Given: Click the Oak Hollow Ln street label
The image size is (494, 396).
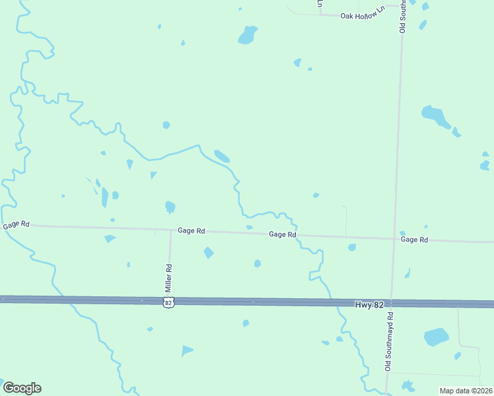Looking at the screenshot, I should click(x=361, y=15).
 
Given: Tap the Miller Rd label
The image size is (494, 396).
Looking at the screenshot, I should click(x=168, y=278).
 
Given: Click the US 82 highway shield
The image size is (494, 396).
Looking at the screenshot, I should click(x=168, y=302).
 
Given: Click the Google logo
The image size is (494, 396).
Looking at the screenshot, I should click(x=22, y=388).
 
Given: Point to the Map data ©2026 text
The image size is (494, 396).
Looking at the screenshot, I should click(x=466, y=391).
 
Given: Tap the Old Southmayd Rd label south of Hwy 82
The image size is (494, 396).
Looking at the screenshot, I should click(x=389, y=342).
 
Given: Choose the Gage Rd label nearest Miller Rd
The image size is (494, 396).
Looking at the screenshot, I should click(x=191, y=231).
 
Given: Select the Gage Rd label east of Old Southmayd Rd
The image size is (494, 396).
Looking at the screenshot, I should click(x=414, y=240).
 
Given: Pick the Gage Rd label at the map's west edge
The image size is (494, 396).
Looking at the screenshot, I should click(x=16, y=224).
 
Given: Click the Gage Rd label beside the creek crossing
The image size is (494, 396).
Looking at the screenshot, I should click(x=282, y=234).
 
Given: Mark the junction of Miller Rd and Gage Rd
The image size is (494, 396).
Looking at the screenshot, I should click(x=170, y=230).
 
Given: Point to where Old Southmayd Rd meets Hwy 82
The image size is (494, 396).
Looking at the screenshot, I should click(x=392, y=303).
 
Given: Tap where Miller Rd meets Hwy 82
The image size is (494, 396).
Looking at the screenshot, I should click(x=170, y=301).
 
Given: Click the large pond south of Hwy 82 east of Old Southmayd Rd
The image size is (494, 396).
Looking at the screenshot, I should click(x=436, y=337).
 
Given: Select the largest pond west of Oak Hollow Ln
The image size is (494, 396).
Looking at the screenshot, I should click(x=247, y=34).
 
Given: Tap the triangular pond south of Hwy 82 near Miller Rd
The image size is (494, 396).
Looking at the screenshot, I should click(x=187, y=350).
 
